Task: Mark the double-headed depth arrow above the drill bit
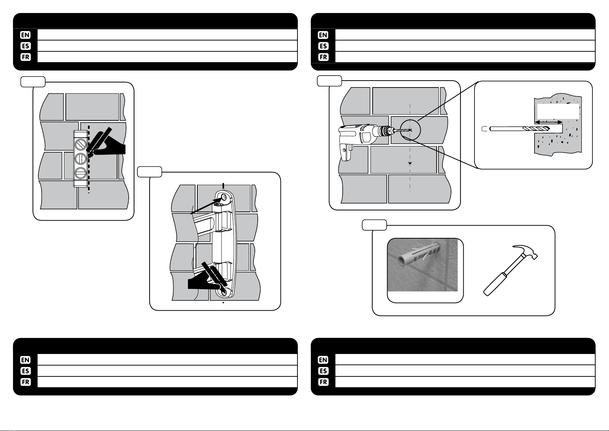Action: point(549,122)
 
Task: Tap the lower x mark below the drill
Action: point(409,163)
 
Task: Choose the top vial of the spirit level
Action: point(80,145)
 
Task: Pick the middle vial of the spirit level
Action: point(80,159)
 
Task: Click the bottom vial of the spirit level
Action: point(80,173)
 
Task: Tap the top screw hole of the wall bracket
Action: point(224,198)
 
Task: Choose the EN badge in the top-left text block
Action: point(26,35)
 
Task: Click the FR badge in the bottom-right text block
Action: point(323,382)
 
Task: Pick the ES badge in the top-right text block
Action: point(323,46)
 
